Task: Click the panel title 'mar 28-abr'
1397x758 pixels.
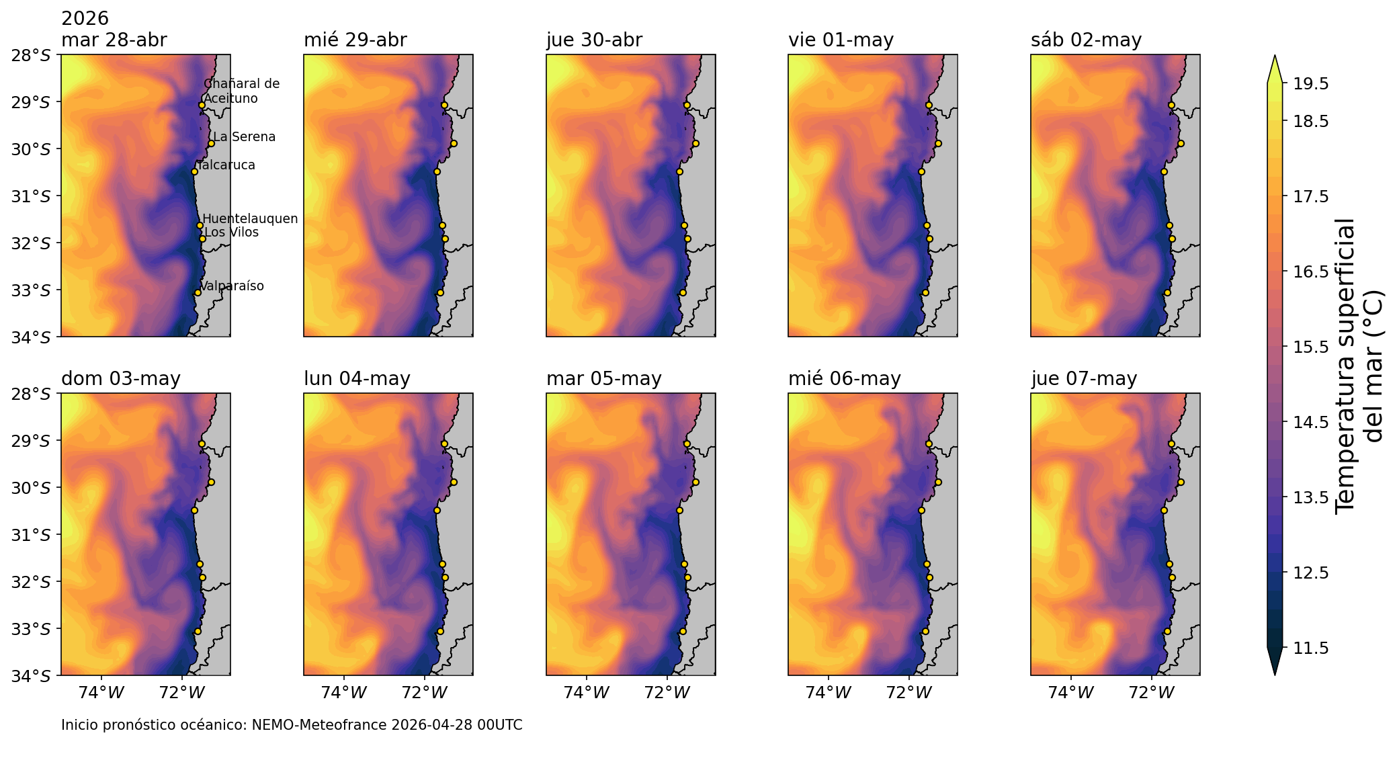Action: [x=114, y=40]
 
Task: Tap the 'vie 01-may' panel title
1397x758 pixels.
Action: [x=841, y=40]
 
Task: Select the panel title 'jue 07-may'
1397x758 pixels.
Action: [x=1083, y=379]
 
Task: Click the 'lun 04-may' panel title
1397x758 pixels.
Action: [x=357, y=379]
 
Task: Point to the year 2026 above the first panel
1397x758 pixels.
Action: [x=85, y=18]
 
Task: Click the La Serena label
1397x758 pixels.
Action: [x=244, y=137]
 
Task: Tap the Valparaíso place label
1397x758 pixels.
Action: [x=232, y=286]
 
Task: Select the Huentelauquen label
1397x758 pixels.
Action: [x=250, y=219]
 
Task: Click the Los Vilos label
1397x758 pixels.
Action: [x=231, y=233]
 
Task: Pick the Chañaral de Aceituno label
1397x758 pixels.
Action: [x=241, y=91]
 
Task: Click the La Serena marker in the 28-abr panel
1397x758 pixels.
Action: [x=211, y=143]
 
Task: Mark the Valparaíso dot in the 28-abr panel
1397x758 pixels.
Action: [x=198, y=292]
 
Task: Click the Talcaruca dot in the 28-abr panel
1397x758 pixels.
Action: [x=194, y=171]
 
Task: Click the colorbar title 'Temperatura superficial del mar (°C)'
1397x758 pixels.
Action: [x=1359, y=366]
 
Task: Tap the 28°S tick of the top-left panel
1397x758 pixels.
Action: [x=31, y=55]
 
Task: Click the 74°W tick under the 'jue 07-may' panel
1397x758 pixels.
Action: [x=1070, y=692]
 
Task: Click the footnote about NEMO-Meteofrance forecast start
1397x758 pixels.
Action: [x=292, y=726]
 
